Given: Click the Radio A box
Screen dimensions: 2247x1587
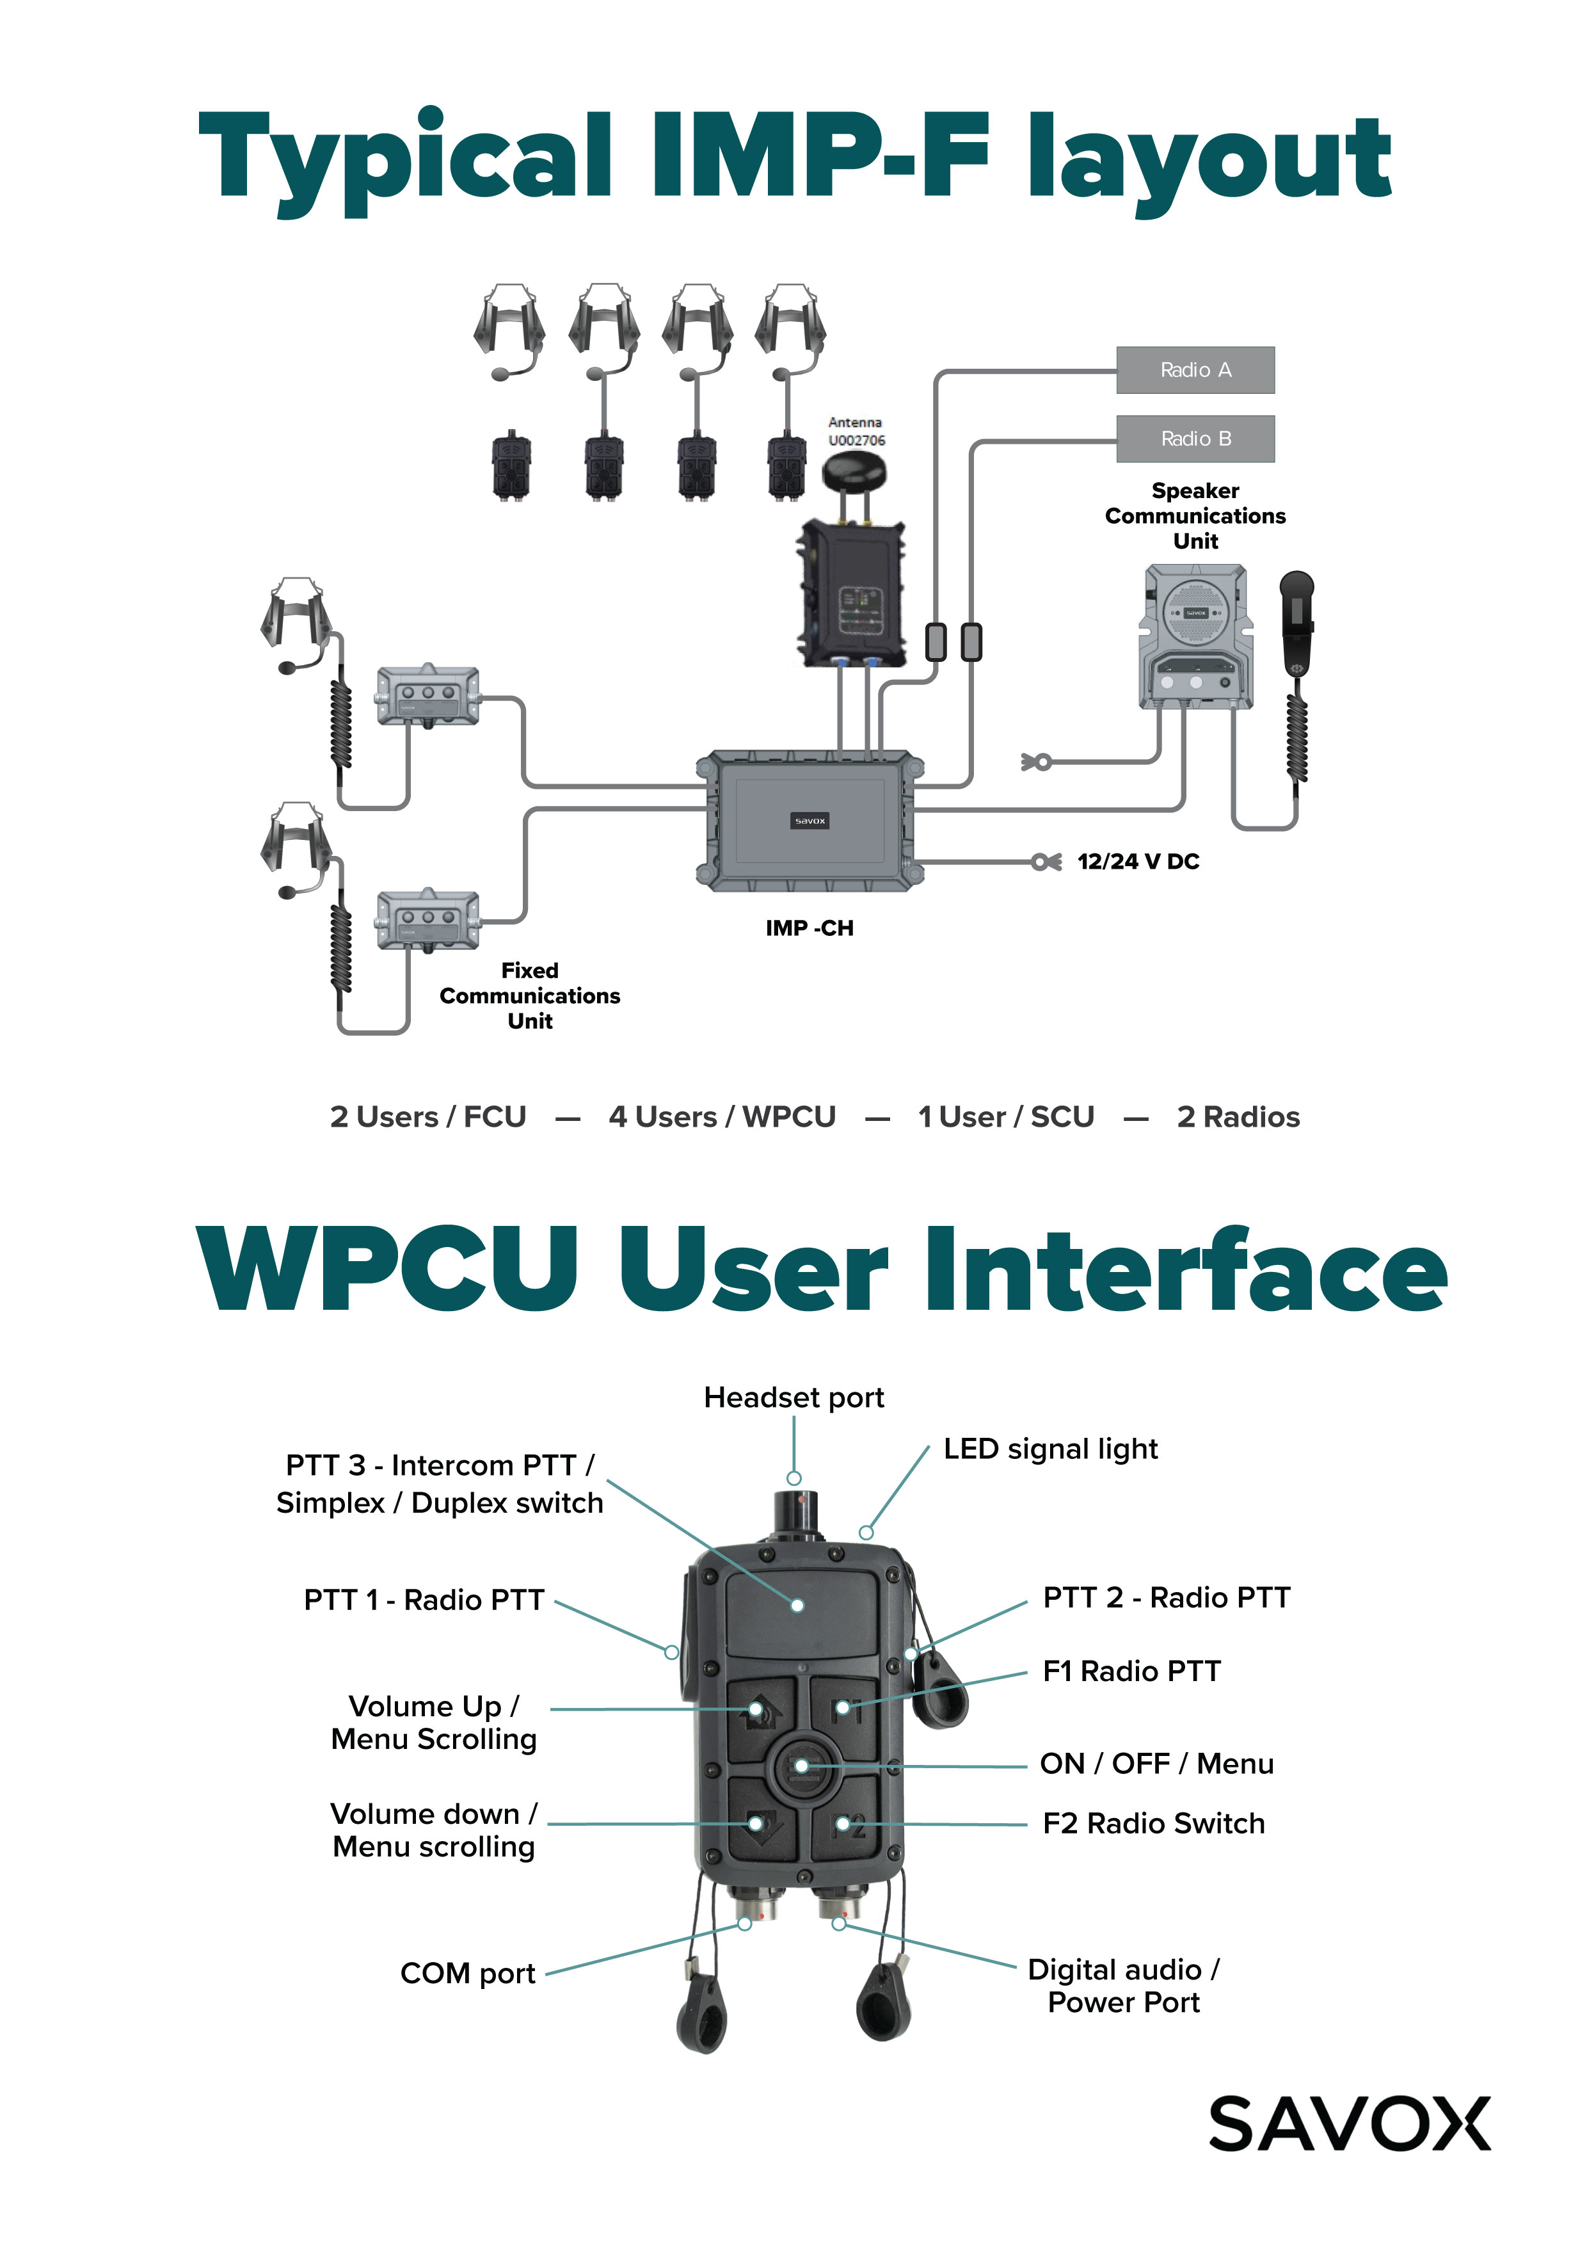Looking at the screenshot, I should tap(1195, 370).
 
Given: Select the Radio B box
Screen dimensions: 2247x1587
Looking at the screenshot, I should tap(1195, 439).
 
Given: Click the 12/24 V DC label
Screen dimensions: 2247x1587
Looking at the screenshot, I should tap(1138, 861).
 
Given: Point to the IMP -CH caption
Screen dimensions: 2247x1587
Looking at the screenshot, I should tap(809, 928).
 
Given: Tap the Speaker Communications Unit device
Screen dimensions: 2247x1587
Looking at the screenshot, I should tap(1195, 636).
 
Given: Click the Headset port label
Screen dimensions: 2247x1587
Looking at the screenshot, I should tap(793, 1397).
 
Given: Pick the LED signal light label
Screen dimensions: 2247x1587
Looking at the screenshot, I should tap(1050, 1449).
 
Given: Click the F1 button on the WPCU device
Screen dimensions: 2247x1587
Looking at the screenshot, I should tap(845, 1708).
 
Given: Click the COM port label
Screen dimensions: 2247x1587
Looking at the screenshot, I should tap(468, 1973).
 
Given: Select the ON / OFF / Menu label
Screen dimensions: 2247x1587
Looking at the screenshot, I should tap(1156, 1764).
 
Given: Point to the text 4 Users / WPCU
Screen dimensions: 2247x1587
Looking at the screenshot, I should tap(722, 1116).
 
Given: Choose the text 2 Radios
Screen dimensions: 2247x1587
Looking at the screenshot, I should tap(1238, 1116).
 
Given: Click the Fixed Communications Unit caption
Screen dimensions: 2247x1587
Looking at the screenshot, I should tap(529, 995).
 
